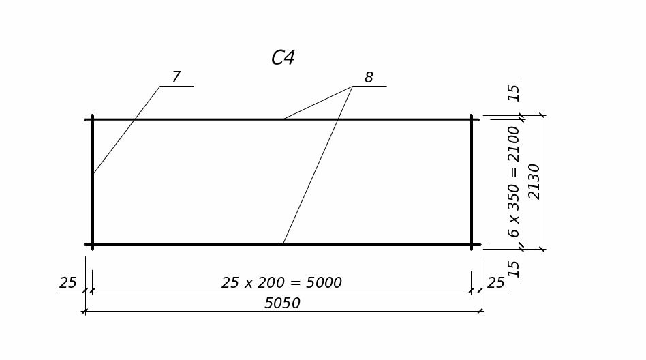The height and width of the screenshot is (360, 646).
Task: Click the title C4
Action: [283, 58]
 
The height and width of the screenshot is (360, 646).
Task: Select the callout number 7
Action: [176, 77]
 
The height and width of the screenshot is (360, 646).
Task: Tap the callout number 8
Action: [369, 78]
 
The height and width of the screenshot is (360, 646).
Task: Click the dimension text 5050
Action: [282, 303]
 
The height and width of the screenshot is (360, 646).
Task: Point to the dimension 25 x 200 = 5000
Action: [281, 282]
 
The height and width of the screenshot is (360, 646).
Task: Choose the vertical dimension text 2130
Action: [534, 181]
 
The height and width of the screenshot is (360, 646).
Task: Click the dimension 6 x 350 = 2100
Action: [514, 181]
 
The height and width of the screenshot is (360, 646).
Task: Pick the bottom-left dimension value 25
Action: [68, 282]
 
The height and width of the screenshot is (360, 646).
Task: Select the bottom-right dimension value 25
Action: [496, 282]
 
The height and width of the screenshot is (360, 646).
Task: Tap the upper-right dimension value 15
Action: [514, 92]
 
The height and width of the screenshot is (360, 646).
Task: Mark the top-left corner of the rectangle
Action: [93, 120]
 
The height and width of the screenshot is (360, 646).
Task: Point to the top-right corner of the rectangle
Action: [472, 120]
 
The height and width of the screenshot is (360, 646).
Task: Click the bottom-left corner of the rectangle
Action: [93, 244]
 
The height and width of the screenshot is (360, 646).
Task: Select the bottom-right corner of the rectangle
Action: [472, 244]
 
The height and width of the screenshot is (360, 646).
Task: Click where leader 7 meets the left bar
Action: [93, 174]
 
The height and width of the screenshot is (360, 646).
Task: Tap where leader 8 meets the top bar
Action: [283, 119]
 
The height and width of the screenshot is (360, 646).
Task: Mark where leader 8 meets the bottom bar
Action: [283, 243]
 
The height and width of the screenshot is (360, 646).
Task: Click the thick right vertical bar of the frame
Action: [472, 182]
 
